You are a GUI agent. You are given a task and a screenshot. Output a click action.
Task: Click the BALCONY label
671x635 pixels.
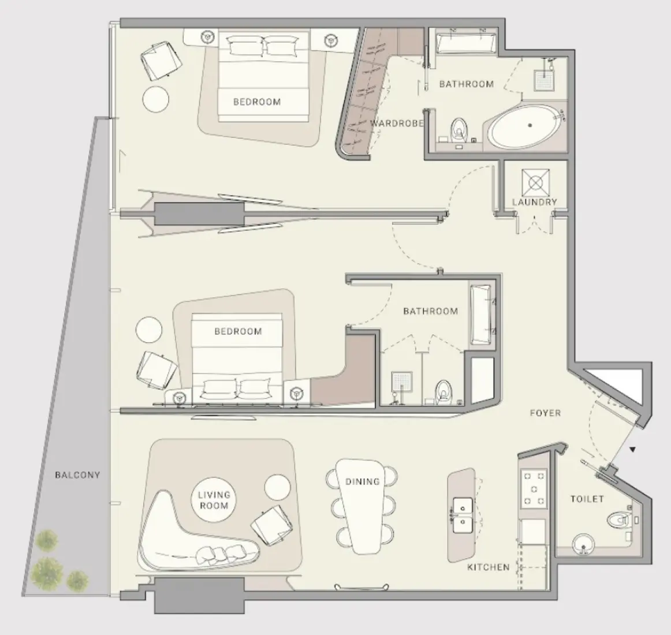point(77,475)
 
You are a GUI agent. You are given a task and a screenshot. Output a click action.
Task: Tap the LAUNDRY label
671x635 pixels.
point(535,202)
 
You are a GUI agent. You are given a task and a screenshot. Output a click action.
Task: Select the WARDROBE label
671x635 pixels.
point(397,124)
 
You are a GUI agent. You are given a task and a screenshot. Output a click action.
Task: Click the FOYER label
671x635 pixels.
point(545,413)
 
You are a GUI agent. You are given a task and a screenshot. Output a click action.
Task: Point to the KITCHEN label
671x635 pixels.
point(489,567)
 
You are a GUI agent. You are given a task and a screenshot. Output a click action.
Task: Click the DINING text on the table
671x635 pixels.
point(363,481)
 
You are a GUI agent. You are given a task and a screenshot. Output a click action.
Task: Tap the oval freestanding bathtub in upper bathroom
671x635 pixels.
point(524,126)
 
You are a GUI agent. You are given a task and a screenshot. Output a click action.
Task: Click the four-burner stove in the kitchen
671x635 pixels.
point(534,488)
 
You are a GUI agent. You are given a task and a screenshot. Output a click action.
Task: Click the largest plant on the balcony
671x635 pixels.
point(47,571)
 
